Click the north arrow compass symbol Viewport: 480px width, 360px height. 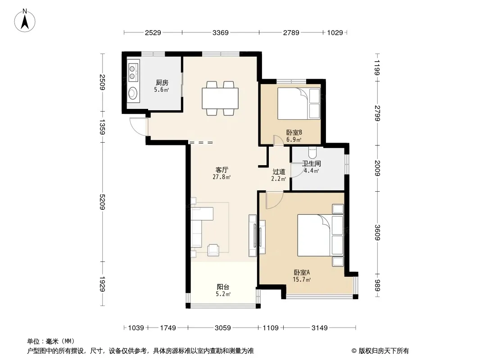[25, 21]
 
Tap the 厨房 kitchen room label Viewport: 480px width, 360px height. [162, 83]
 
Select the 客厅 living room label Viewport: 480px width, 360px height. [222, 170]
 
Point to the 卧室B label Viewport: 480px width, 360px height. [294, 132]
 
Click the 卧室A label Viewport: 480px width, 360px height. [302, 272]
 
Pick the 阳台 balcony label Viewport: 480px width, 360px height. [223, 287]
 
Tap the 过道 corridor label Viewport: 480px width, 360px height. [279, 172]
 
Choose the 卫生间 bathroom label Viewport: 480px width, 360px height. [312, 164]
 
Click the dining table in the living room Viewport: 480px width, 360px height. [220, 98]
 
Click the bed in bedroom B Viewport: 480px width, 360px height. [299, 103]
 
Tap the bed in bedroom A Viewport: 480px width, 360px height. [320, 235]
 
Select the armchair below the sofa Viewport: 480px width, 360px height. [213, 250]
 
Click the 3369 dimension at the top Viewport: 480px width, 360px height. [220, 32]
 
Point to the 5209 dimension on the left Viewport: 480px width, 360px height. [103, 202]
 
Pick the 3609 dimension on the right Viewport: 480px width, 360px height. [377, 233]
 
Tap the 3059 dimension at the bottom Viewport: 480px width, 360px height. [222, 328]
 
